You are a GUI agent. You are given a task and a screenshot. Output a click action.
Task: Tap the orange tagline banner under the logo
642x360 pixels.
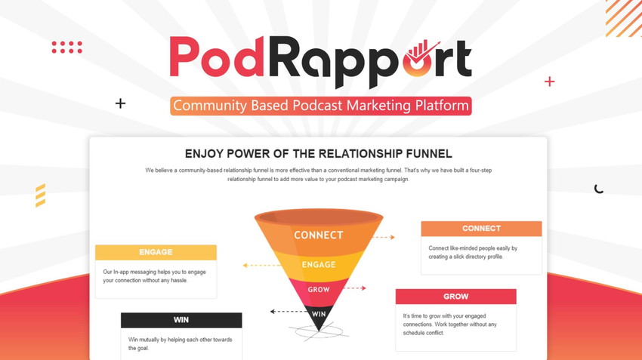(321, 106)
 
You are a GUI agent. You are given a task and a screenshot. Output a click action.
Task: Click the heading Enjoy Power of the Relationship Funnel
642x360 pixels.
(319, 154)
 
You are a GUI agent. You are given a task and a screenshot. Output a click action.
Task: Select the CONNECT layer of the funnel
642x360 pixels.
(319, 235)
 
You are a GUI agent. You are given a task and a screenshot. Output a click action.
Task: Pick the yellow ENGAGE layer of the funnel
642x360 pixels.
(319, 265)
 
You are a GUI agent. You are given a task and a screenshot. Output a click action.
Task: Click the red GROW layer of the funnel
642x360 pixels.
(319, 290)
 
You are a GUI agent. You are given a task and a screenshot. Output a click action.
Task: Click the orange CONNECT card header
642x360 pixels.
(482, 229)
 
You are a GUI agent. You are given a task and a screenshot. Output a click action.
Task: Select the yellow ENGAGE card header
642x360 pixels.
(156, 252)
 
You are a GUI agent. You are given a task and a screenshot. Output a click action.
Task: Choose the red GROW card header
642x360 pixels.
(455, 297)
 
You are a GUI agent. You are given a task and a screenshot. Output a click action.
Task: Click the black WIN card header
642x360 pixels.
(181, 320)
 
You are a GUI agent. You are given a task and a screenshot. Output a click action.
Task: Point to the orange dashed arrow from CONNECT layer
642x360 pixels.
(384, 237)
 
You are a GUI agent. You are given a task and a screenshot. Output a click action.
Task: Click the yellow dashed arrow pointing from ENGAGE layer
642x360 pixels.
(261, 265)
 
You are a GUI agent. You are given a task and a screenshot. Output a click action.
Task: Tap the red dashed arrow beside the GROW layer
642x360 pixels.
(354, 288)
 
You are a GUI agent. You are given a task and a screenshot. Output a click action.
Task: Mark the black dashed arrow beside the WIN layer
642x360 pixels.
(289, 312)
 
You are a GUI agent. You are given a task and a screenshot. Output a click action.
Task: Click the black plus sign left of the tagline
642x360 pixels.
(120, 103)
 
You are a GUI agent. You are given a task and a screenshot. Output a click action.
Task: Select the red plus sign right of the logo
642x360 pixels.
(549, 82)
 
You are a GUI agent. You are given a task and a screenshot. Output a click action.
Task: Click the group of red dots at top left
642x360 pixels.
(67, 47)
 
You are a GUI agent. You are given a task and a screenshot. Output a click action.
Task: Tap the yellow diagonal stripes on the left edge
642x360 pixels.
(40, 195)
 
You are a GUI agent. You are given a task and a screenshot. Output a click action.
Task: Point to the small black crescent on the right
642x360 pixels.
(598, 189)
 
